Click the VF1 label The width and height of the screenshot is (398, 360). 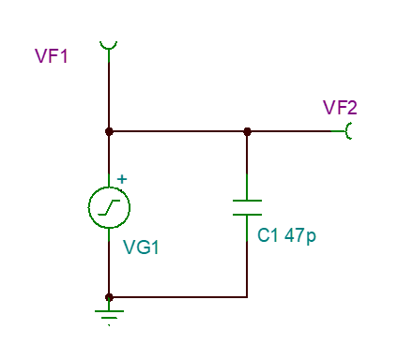coord(52,56)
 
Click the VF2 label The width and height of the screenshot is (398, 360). coord(340,108)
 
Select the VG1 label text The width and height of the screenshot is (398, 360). coord(141,247)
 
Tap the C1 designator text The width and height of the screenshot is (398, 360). coord(268,235)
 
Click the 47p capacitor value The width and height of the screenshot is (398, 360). coord(300,236)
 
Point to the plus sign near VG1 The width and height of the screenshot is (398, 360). coord(122,179)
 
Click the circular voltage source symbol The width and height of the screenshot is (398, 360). coord(109,207)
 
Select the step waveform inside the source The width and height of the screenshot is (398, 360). coord(109,207)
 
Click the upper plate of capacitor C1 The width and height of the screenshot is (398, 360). coord(247,201)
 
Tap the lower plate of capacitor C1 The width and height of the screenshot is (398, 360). coord(247,215)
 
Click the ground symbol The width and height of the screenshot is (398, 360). coord(109,315)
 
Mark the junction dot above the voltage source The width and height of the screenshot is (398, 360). coord(109,131)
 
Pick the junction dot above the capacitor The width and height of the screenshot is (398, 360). coord(247,131)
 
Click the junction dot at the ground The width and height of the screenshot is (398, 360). coord(109,297)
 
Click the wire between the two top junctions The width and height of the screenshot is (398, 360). coord(178,131)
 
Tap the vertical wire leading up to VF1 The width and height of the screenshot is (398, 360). coord(109,92)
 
